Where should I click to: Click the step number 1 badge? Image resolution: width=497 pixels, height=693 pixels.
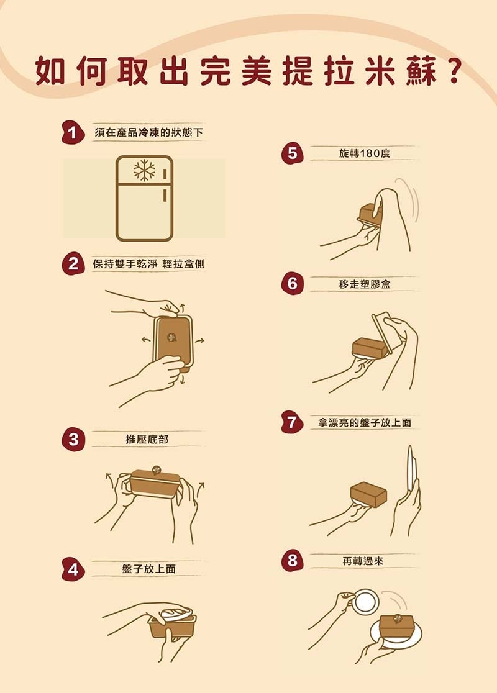(x=73, y=133)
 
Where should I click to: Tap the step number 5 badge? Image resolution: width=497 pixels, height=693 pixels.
(x=292, y=153)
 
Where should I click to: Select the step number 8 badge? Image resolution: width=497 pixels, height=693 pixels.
(x=292, y=560)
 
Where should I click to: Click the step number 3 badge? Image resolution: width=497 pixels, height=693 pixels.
(x=73, y=439)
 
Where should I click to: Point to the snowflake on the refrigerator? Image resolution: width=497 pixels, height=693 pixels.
(x=145, y=170)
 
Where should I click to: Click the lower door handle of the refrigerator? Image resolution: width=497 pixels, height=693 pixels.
(x=165, y=195)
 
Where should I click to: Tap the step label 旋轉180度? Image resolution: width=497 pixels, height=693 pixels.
(x=365, y=153)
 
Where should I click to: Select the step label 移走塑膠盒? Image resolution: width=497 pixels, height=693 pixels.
(x=365, y=284)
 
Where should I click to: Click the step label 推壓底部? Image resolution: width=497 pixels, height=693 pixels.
(x=147, y=439)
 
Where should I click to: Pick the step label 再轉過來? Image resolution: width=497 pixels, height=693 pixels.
(x=363, y=561)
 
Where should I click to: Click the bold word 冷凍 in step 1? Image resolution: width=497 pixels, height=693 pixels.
(x=148, y=132)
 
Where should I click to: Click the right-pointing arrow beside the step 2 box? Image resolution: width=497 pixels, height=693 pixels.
(x=199, y=340)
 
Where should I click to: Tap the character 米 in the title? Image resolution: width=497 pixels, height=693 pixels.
(x=380, y=71)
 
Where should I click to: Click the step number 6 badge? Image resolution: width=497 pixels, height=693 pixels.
(x=292, y=283)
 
